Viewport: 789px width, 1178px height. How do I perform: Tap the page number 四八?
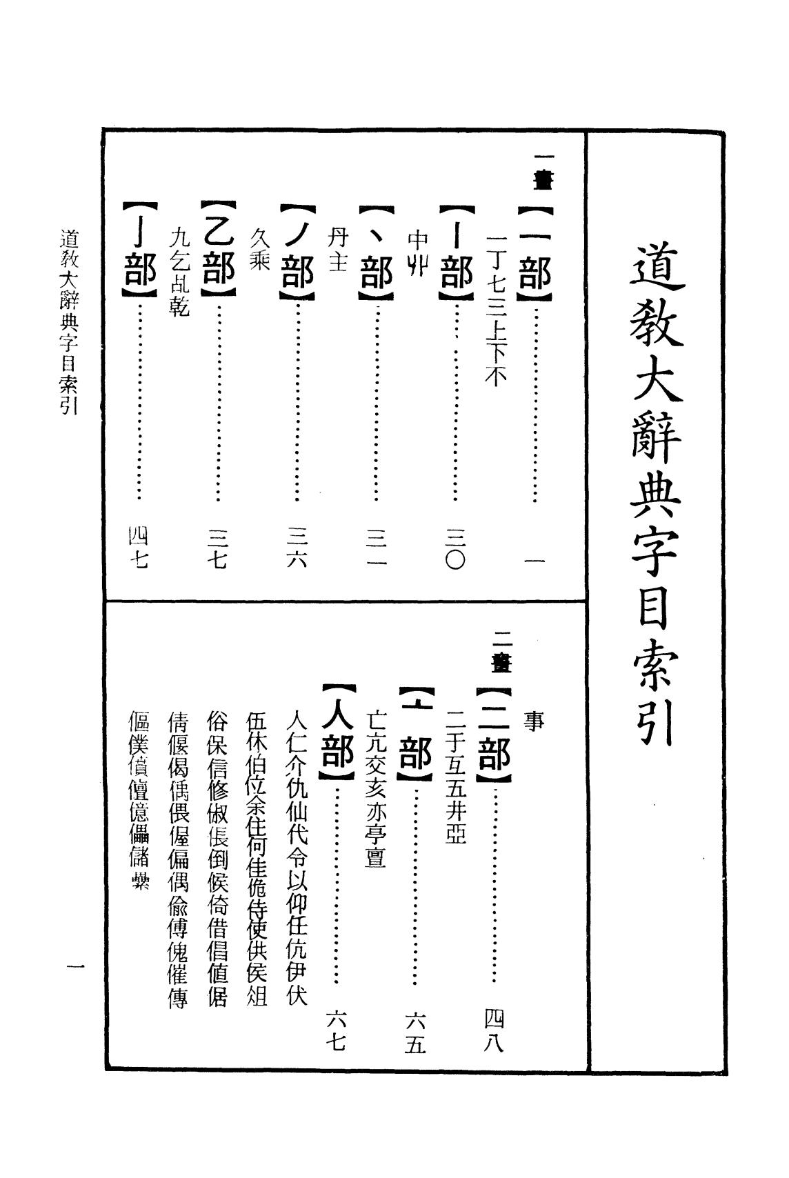pos(495,1030)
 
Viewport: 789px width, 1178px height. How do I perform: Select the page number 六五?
pos(415,1032)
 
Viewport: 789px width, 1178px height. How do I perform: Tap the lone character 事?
pos(534,721)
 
